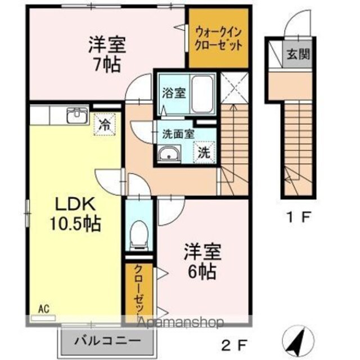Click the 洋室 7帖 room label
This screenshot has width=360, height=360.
(x=107, y=55)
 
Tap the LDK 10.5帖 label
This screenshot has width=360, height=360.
(x=75, y=214)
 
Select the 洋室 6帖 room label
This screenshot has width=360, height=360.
(x=202, y=261)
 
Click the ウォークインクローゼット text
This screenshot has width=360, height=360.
(x=218, y=39)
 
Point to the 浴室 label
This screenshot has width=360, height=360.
(x=174, y=93)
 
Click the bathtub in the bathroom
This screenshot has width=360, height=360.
(x=202, y=94)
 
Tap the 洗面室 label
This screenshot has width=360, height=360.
(x=178, y=134)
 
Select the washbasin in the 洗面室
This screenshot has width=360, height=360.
(x=169, y=154)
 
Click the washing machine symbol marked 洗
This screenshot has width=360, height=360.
(x=204, y=152)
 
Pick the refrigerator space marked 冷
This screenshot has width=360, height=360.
(x=105, y=124)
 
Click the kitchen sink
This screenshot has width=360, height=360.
(x=78, y=115)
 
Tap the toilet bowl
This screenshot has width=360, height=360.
(x=139, y=235)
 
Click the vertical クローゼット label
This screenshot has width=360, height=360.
(x=139, y=291)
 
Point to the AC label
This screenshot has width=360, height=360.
(x=44, y=309)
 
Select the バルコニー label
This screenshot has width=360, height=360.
(x=107, y=341)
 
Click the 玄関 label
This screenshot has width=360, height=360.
(x=299, y=54)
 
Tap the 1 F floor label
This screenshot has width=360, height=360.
(x=299, y=217)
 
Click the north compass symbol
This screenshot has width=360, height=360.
(x=298, y=341)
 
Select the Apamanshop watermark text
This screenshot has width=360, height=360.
(x=181, y=322)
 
